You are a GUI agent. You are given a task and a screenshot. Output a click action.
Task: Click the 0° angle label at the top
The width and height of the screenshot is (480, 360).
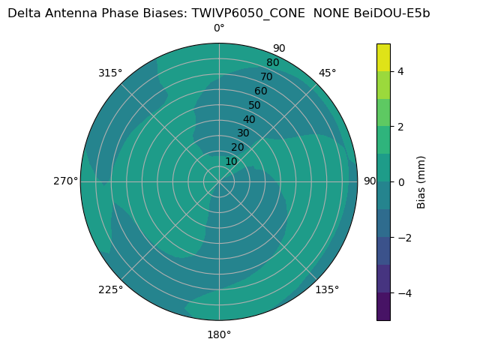pyautogui.click(x=219, y=28)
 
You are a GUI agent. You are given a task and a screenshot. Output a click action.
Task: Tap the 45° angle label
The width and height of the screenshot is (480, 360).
pyautogui.click(x=327, y=73)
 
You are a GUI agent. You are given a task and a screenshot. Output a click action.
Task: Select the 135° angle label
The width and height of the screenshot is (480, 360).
pyautogui.click(x=327, y=289)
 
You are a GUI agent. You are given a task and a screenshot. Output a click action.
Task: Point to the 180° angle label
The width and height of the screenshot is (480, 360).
pyautogui.click(x=219, y=334)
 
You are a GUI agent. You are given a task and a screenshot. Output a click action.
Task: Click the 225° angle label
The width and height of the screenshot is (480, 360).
pyautogui.click(x=110, y=289)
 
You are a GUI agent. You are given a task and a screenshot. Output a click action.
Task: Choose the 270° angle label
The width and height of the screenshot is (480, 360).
pyautogui.click(x=65, y=181)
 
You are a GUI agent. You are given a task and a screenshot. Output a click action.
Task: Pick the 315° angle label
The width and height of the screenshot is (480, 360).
pyautogui.click(x=110, y=73)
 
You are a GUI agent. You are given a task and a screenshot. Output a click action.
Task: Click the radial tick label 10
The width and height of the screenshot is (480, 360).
pyautogui.click(x=231, y=161)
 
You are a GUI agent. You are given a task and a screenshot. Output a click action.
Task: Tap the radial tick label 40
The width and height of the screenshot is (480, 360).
pyautogui.click(x=249, y=120)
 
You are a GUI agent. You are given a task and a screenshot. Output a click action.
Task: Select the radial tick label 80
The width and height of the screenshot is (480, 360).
pyautogui.click(x=272, y=63)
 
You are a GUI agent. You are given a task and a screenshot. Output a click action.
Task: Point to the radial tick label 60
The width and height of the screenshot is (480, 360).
pyautogui.click(x=260, y=91)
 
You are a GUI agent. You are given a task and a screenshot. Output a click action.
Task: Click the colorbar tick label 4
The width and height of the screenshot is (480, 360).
pyautogui.click(x=400, y=71)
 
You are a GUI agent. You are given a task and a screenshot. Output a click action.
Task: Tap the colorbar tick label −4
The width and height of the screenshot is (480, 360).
pyautogui.click(x=403, y=293)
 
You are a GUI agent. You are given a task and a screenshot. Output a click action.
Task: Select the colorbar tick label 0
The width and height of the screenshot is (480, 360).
pyautogui.click(x=400, y=182)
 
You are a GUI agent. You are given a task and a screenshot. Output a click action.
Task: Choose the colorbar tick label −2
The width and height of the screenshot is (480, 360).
pyautogui.click(x=403, y=238)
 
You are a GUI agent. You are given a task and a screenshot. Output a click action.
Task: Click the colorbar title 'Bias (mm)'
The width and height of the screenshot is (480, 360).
pyautogui.click(x=421, y=182)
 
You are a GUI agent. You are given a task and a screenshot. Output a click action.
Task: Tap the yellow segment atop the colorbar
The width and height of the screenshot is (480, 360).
pyautogui.click(x=383, y=57)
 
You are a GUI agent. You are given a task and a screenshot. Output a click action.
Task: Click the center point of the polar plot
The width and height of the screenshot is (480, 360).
pyautogui.click(x=219, y=181)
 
